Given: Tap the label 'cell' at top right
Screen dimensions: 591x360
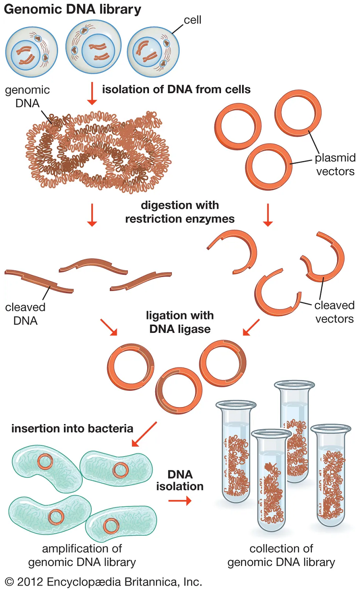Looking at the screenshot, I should coord(193,20).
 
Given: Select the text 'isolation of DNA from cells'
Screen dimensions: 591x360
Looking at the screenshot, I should coord(176,90).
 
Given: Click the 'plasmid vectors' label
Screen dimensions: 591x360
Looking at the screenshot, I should coord(335,164).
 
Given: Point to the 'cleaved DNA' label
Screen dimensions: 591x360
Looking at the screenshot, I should coord(25,314).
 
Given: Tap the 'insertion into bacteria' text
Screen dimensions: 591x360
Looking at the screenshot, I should coord(72,428).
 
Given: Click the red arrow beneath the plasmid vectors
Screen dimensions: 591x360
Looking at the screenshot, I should coord(268,215).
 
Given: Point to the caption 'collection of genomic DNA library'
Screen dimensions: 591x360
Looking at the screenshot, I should coord(281,555).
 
